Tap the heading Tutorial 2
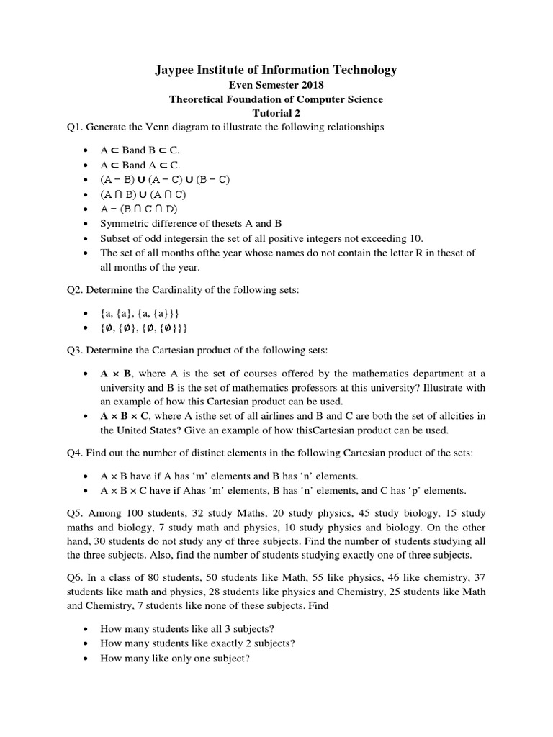(x=276, y=113)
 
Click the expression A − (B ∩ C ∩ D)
(x=139, y=209)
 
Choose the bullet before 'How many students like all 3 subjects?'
(x=86, y=628)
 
